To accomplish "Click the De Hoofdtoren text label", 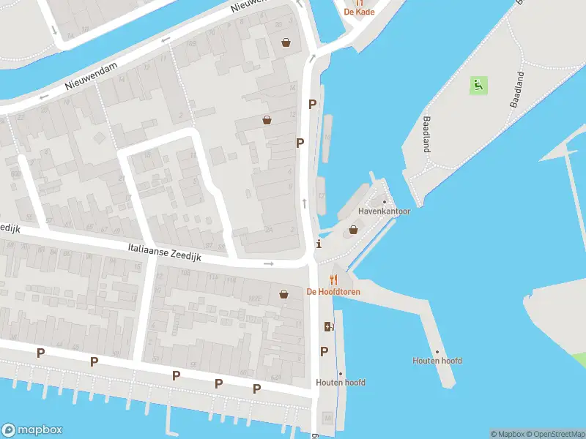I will (x=333, y=292).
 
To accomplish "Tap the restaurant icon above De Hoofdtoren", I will (x=334, y=279).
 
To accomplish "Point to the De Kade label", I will (x=359, y=12).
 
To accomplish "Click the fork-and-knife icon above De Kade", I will (x=359, y=2).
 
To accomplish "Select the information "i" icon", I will (x=318, y=244).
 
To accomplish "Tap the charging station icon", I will (x=327, y=326).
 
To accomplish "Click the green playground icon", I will (x=478, y=86).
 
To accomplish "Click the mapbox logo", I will (x=32, y=430).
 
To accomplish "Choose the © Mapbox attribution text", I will (x=507, y=434).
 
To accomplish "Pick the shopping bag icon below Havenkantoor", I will (x=354, y=230).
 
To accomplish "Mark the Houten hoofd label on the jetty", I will (x=437, y=361).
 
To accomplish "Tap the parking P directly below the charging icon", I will (x=324, y=351).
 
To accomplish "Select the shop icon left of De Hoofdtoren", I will (x=284, y=295).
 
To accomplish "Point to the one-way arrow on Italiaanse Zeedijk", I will (x=269, y=263).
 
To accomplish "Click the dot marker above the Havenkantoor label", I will (x=385, y=202).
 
